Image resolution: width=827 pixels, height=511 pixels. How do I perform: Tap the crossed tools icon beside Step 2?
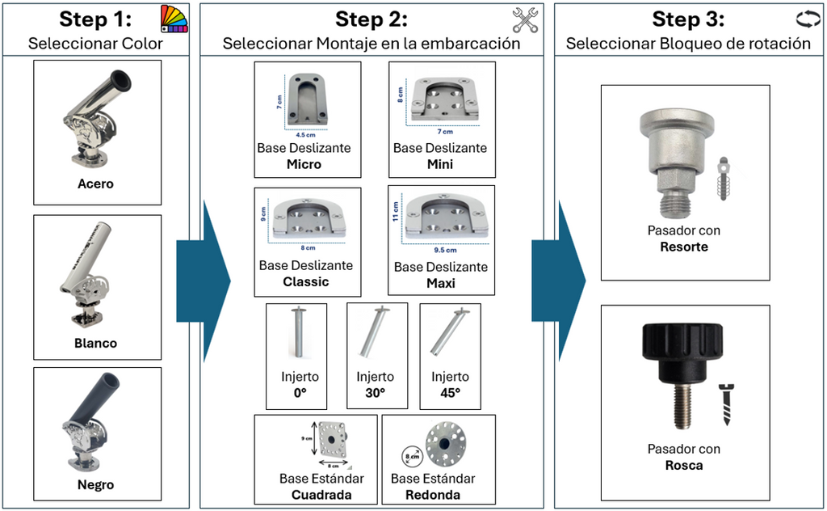[526, 20]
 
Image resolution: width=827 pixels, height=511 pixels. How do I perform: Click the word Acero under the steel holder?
[95, 184]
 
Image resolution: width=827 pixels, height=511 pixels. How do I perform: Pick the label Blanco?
[95, 343]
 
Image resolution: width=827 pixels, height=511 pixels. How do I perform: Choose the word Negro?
[95, 485]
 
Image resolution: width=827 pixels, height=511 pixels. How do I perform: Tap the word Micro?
[304, 165]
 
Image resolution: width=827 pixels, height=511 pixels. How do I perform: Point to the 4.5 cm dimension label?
[304, 135]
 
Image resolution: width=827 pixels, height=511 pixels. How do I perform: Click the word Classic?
[306, 282]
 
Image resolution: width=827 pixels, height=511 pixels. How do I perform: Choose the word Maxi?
[441, 284]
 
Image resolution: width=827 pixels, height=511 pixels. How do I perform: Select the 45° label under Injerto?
[449, 394]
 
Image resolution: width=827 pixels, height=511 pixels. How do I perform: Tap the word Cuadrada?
[321, 495]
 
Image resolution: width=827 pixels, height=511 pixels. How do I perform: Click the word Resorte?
[683, 247]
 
